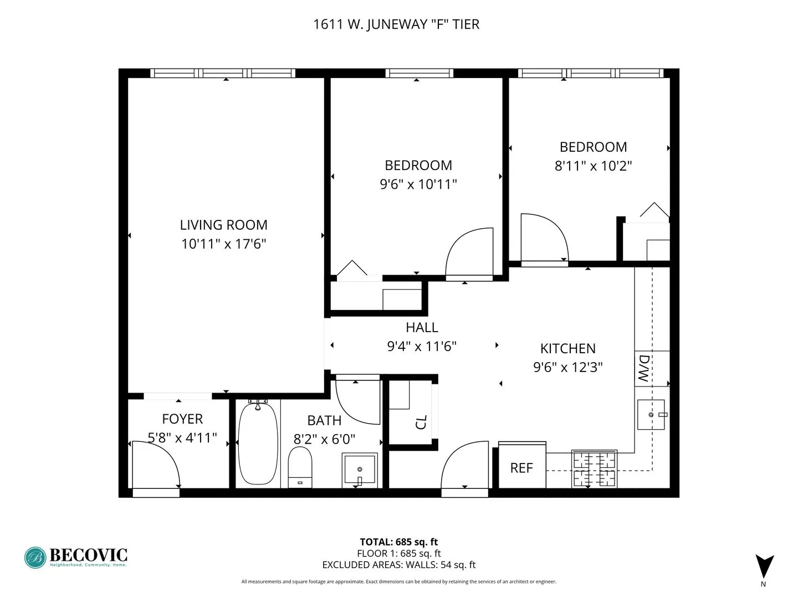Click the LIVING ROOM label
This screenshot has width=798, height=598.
tap(223, 225)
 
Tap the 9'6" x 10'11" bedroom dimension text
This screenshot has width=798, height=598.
tap(418, 184)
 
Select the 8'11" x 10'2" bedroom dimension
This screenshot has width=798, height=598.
tap(593, 166)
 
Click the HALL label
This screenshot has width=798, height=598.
tap(422, 327)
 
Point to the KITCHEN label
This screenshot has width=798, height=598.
tap(568, 348)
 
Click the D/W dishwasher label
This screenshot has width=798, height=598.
tap(644, 368)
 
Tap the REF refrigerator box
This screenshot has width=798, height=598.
tap(522, 468)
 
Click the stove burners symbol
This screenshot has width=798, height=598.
tap(594, 469)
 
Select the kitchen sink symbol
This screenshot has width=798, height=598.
tap(651, 414)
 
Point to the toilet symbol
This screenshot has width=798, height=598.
tap(300, 467)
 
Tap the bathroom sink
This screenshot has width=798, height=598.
tap(360, 470)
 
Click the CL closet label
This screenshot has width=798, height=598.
tap(421, 422)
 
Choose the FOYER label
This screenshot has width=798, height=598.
tap(182, 419)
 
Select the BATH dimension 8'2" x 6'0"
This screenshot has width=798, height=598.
tap(324, 439)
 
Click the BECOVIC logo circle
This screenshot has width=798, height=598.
tap(35, 558)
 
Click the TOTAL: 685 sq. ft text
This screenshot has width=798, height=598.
tap(398, 542)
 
